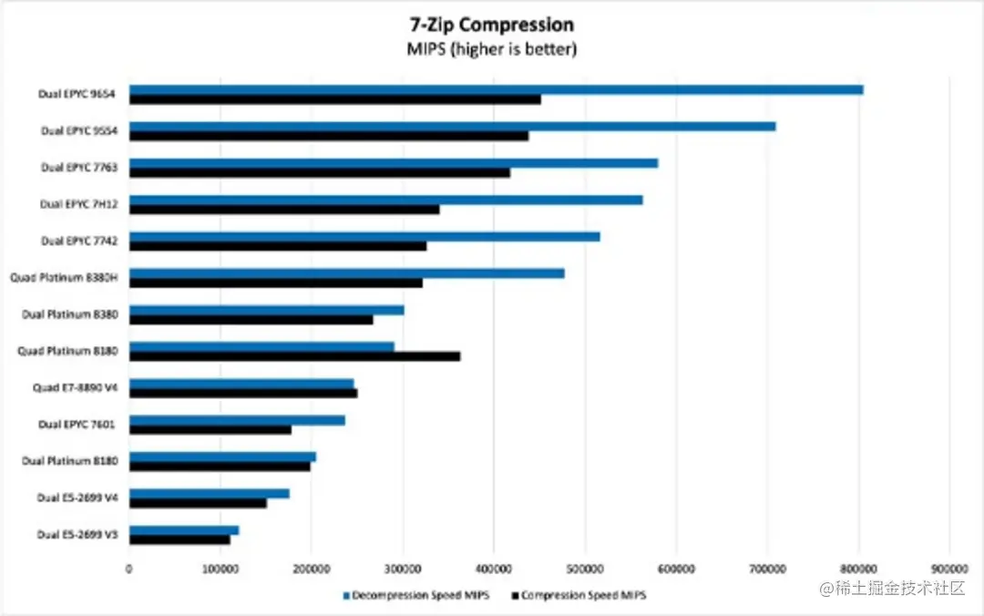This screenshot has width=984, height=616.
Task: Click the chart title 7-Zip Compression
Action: click(x=492, y=25)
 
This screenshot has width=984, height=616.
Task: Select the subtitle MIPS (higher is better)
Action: click(x=492, y=49)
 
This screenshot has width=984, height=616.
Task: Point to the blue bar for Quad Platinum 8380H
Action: click(x=346, y=272)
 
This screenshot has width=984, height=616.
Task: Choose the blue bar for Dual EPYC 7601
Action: click(x=237, y=420)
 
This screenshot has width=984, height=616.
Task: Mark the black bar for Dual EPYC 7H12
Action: click(x=283, y=210)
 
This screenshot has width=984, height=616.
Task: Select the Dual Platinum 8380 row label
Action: click(x=76, y=314)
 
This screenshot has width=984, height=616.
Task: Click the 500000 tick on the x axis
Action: click(x=585, y=570)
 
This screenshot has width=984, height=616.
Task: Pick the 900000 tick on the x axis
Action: click(x=949, y=570)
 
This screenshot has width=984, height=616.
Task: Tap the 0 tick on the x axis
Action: click(x=129, y=570)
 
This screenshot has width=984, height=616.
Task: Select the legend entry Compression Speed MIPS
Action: click(x=583, y=595)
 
